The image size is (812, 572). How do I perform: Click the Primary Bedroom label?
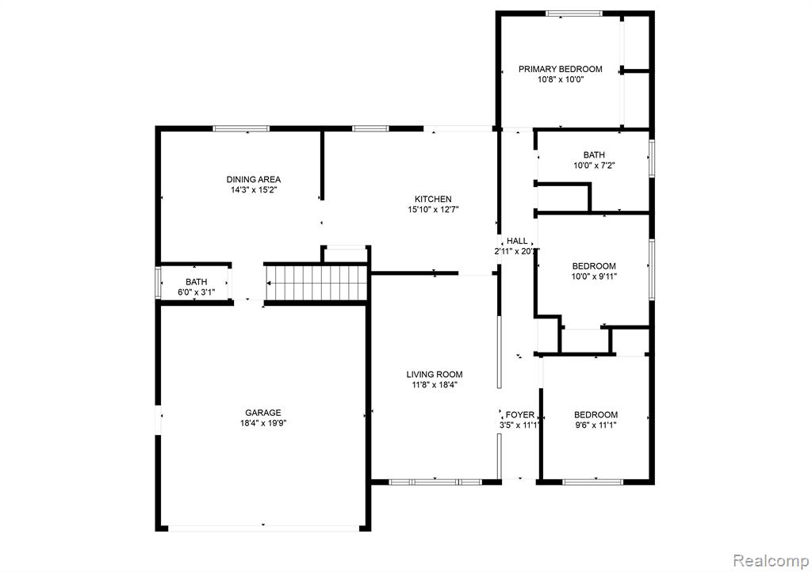point(561,69)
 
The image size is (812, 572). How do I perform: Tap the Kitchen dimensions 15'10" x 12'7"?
point(434,209)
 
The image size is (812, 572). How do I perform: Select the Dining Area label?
point(254,180)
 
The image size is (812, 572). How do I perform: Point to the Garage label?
point(263,413)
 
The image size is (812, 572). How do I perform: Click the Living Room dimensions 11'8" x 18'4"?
point(434,385)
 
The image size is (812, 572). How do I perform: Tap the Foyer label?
point(520,415)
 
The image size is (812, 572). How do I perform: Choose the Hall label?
point(517,241)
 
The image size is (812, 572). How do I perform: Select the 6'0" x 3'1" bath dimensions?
point(197,292)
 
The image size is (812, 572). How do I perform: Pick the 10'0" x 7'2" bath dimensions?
point(594,166)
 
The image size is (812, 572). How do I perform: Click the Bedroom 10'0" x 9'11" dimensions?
point(594,276)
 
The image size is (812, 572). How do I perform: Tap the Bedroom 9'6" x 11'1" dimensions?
point(596,425)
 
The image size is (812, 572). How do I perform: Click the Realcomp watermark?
point(771,561)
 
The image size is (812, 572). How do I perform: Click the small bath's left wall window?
point(158,282)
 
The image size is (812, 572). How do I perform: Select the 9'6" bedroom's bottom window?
point(592,482)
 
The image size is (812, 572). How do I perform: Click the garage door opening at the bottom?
point(263,528)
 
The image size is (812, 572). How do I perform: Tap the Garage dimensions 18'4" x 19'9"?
point(263,423)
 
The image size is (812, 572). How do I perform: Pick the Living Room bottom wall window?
point(435,482)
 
